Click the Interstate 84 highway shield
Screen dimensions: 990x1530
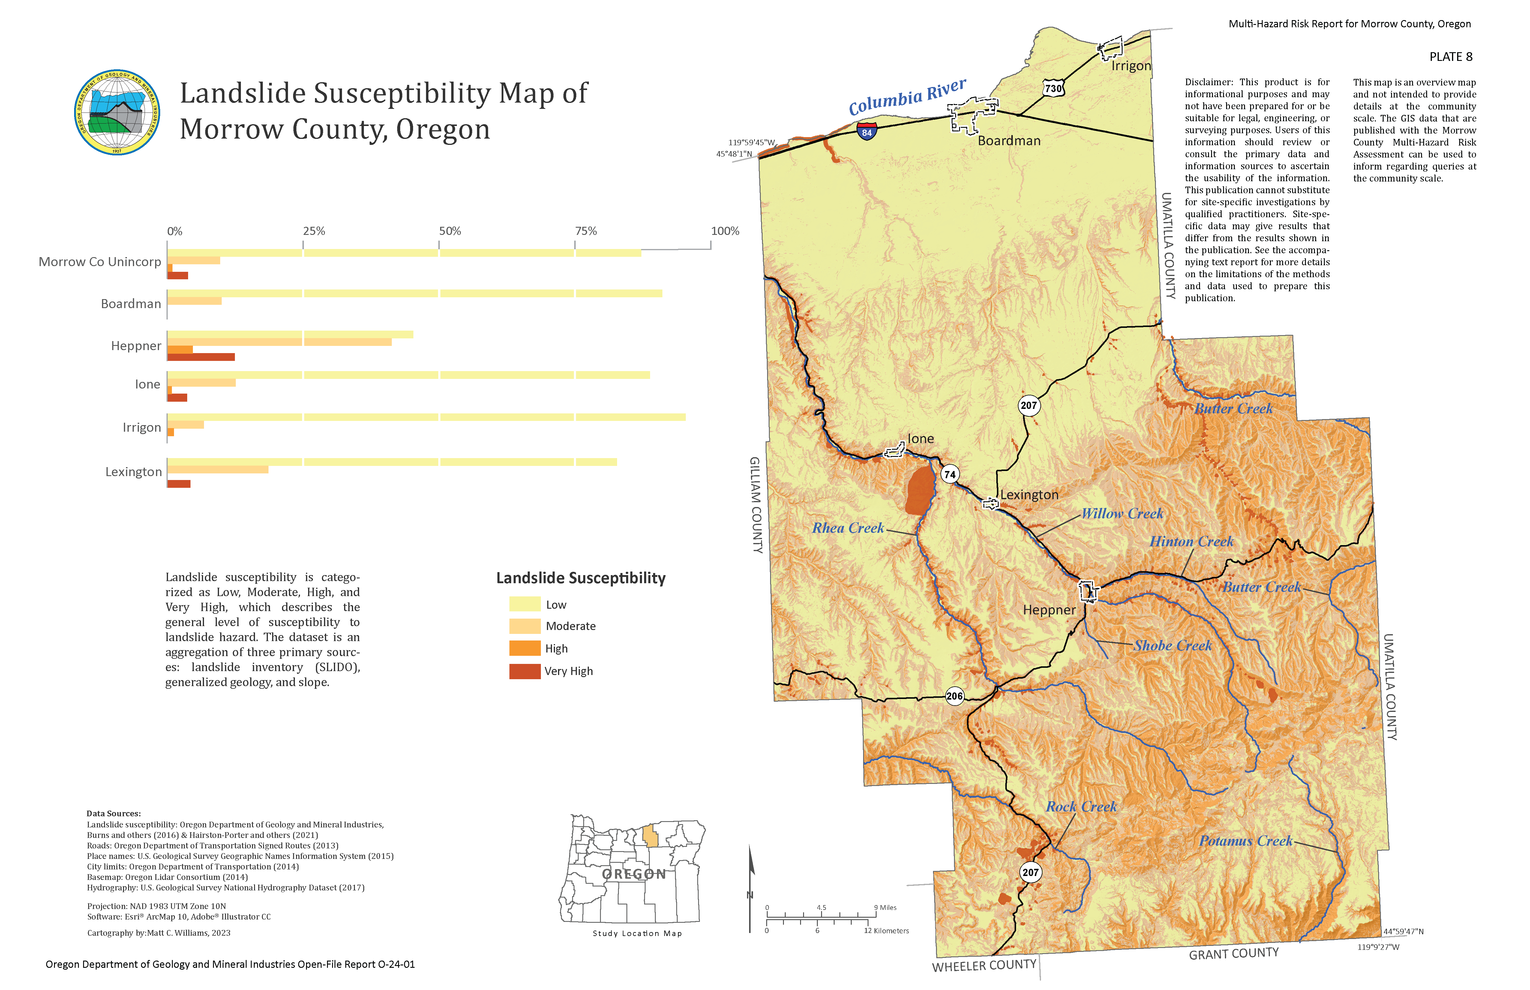[x=867, y=132]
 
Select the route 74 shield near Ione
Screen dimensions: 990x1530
[x=949, y=474]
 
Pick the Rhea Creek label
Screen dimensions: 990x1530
[x=848, y=528]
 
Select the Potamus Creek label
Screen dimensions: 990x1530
[x=1245, y=841]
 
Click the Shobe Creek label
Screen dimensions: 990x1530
[x=1173, y=645]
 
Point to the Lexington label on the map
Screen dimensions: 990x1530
[x=1029, y=495]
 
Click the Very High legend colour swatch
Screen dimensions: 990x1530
[x=525, y=671]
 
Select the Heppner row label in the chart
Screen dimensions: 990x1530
[x=136, y=346]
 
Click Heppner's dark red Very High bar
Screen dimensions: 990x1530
[x=201, y=357]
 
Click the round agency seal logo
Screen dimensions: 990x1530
[x=117, y=112]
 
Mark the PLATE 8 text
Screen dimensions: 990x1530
[x=1450, y=57]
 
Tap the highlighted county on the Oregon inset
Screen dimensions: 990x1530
[x=651, y=836]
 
